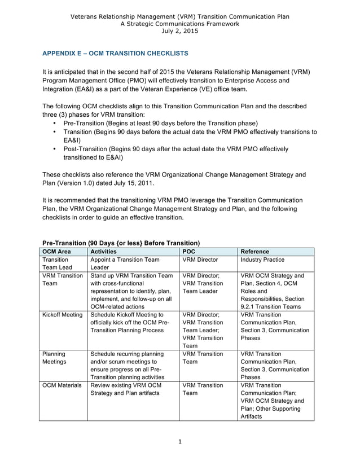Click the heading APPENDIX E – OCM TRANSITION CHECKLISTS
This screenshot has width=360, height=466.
[116, 54]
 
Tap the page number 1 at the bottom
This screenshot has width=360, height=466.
[179, 442]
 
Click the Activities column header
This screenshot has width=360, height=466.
[103, 252]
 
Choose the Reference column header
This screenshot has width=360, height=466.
[254, 252]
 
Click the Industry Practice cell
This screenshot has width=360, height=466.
[262, 260]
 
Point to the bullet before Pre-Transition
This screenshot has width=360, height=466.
[54, 123]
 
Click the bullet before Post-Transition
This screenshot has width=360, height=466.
[54, 150]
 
